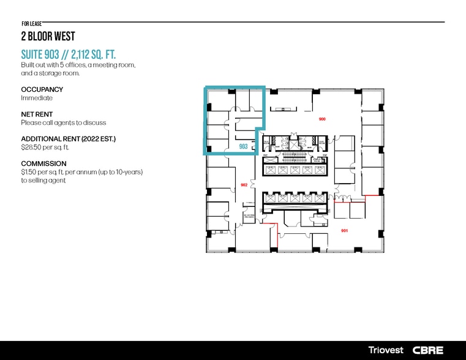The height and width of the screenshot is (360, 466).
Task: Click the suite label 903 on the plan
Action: [243, 147]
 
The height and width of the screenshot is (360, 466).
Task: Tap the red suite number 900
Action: [322, 118]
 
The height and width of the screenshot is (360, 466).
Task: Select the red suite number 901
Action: [344, 231]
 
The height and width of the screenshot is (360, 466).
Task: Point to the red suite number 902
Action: [244, 184]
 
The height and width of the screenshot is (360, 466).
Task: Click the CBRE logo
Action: [427, 350]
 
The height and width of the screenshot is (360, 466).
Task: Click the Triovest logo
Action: [386, 350]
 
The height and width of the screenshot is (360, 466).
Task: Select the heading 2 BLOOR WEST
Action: [48, 36]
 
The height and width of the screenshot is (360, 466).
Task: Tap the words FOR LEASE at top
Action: [31, 23]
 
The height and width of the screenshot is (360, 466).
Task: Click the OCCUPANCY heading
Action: [42, 89]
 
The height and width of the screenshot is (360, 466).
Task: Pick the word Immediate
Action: [37, 98]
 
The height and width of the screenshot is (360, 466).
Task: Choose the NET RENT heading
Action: [37, 114]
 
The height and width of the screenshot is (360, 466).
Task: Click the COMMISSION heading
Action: [43, 164]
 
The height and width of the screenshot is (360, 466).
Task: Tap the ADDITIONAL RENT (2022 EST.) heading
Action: [68, 139]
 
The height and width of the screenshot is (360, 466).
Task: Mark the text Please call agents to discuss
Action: [64, 123]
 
